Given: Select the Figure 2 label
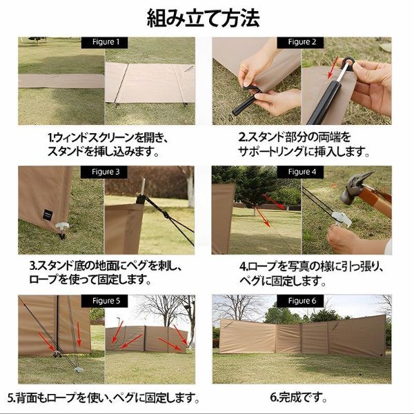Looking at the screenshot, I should tap(302, 42).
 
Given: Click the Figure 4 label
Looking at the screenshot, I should tap(302, 171).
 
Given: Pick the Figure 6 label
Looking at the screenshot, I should tap(302, 301).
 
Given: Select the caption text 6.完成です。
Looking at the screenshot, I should tap(302, 398).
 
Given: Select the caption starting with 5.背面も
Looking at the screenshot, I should tap(103, 398).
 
